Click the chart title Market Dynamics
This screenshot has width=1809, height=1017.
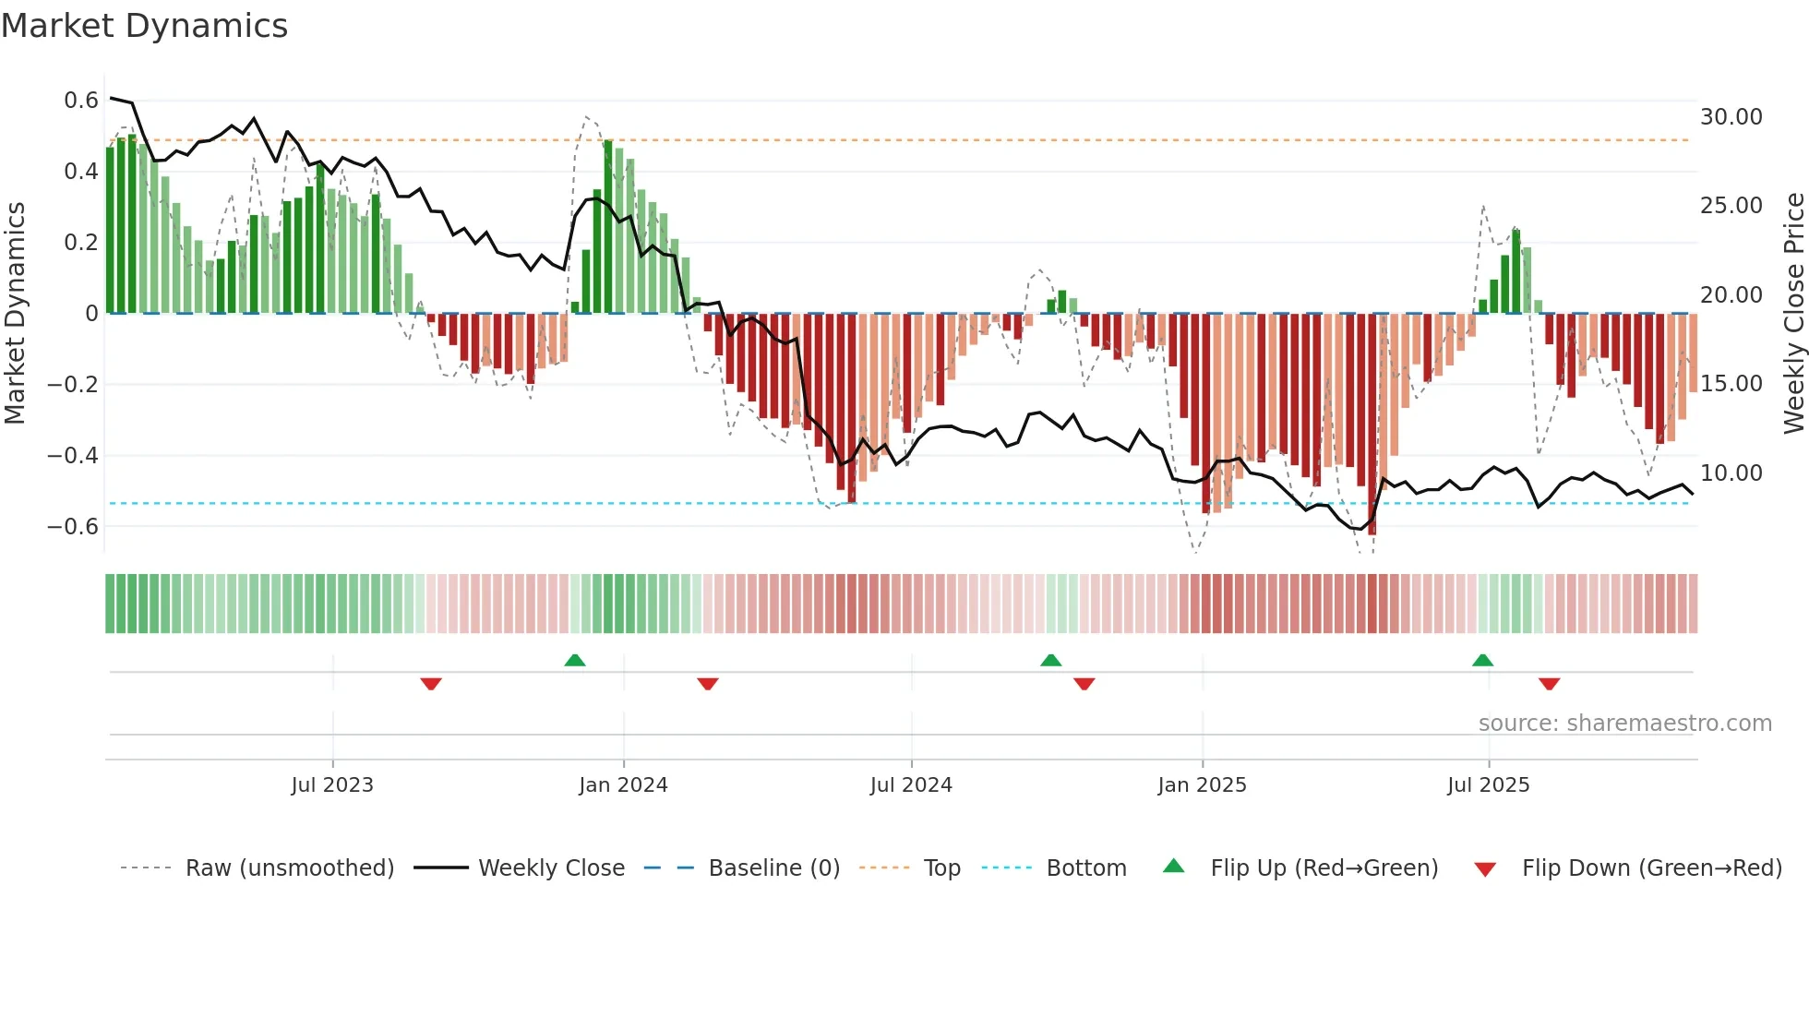click(145, 26)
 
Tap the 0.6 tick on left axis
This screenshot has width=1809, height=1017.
click(81, 100)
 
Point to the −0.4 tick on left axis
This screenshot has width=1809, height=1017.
click(73, 455)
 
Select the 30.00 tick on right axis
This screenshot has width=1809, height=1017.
click(1731, 117)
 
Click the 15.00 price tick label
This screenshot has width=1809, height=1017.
click(1731, 384)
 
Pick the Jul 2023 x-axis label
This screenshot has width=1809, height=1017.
click(332, 785)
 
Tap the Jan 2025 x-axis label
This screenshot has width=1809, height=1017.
click(1202, 785)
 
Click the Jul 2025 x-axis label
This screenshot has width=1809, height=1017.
click(1488, 785)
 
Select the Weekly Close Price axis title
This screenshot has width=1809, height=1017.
click(1793, 313)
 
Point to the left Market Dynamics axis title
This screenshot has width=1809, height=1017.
click(15, 313)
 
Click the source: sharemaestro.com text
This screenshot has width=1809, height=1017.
click(1624, 724)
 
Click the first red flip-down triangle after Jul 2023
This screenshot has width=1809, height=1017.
click(431, 684)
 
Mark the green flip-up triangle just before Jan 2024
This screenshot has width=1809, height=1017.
click(575, 660)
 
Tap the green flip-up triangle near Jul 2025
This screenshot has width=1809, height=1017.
click(1482, 660)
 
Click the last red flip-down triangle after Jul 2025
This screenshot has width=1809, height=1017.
click(1549, 684)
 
